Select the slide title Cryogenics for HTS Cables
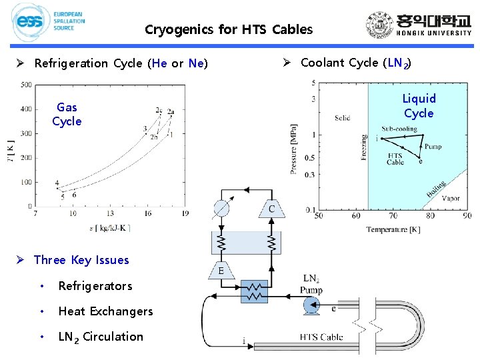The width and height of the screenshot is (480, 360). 228,29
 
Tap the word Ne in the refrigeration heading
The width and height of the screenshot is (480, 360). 195,64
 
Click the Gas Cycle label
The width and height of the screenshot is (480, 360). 67,114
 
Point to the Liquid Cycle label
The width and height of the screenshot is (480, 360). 418,106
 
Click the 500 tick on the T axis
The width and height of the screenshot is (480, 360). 26,85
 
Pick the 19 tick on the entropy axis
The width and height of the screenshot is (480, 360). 185,213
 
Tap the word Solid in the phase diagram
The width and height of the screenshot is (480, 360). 342,118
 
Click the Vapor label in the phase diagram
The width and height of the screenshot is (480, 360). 451,198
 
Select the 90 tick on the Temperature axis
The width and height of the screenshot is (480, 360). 466,215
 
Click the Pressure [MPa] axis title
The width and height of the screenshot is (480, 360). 294,148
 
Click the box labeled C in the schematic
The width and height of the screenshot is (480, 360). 271,209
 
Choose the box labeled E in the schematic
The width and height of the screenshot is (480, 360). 221,271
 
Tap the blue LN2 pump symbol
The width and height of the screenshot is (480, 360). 309,306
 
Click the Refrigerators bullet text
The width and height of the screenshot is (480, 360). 95,286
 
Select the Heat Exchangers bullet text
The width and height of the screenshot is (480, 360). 105,311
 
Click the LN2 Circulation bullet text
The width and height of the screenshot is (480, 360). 101,337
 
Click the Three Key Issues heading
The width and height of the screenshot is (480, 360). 81,260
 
